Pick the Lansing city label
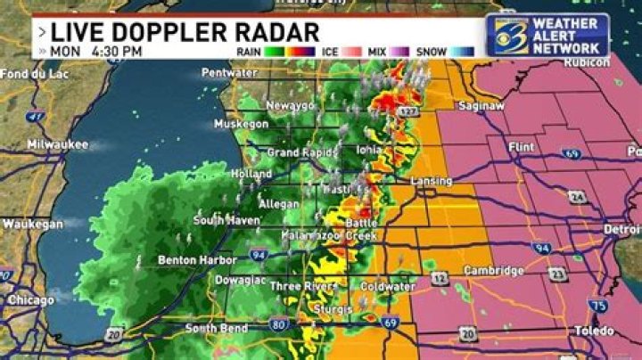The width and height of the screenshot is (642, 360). click(x=431, y=181)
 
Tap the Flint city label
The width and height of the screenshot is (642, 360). click(x=519, y=144)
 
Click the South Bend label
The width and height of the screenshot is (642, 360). click(x=212, y=329)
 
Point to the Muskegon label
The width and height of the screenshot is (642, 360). click(x=242, y=125)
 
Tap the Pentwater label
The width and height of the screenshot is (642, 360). click(x=229, y=73)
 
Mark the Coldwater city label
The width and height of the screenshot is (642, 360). click(x=388, y=287)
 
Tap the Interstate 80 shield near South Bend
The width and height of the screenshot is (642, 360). click(x=280, y=324)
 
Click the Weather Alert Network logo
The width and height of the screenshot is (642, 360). click(x=547, y=34)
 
